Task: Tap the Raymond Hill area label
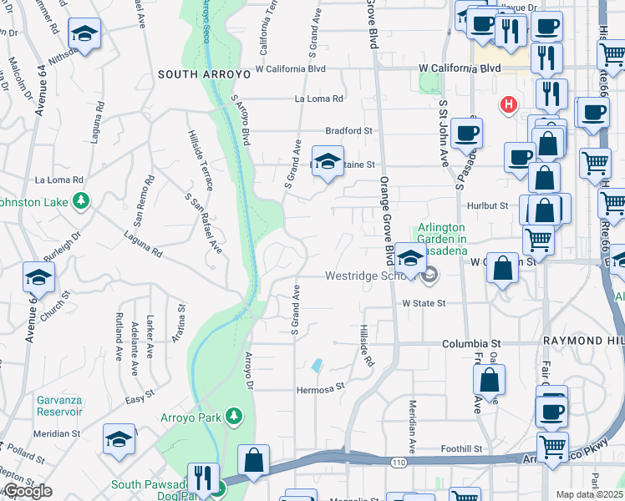coord(588,342)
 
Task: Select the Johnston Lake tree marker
coord(81,200)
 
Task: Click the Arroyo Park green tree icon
coord(235,416)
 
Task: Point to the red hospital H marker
coord(506,104)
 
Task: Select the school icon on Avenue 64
coord(38,278)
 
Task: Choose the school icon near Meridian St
coord(119,440)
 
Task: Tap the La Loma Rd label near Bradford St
coord(319,99)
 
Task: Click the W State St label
coord(424,304)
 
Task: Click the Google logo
coord(27,491)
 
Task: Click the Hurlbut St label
coord(488,205)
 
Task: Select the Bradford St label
coord(348,131)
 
